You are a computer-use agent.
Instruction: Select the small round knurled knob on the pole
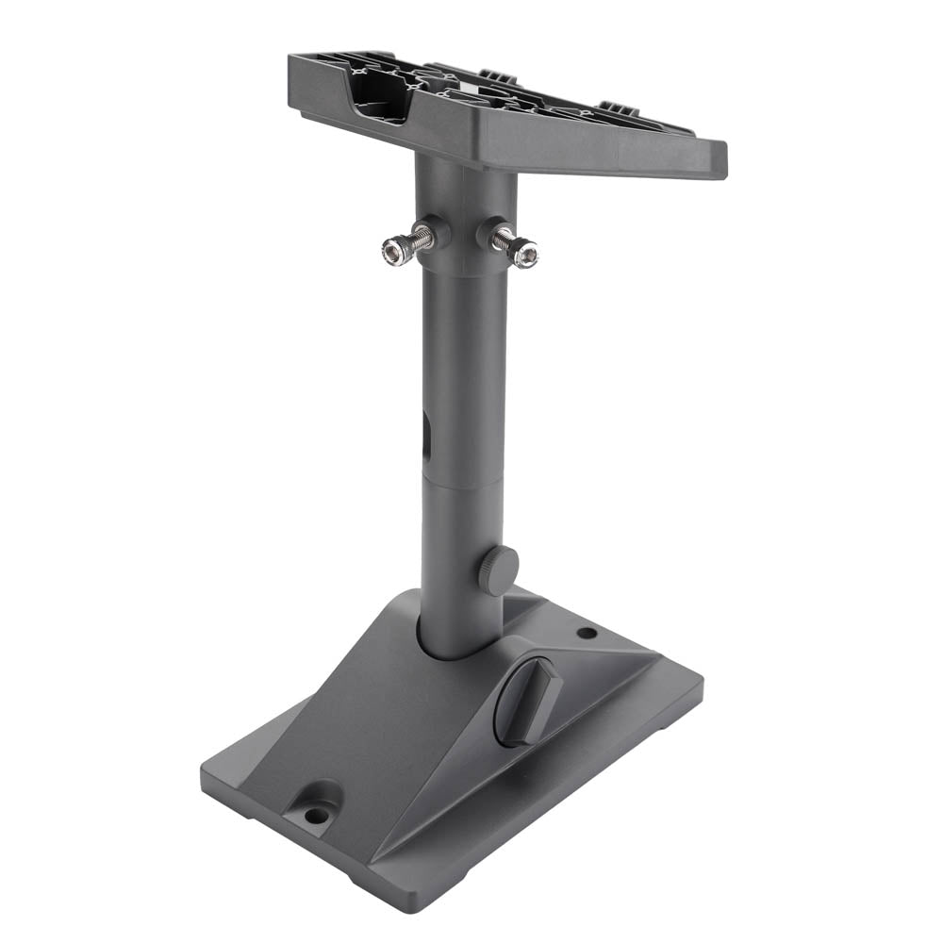pos(499,570)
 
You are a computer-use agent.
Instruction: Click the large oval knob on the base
pos(528,702)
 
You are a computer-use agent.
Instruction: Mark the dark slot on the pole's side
pos(425,438)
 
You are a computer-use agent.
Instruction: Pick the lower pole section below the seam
pos(462,566)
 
